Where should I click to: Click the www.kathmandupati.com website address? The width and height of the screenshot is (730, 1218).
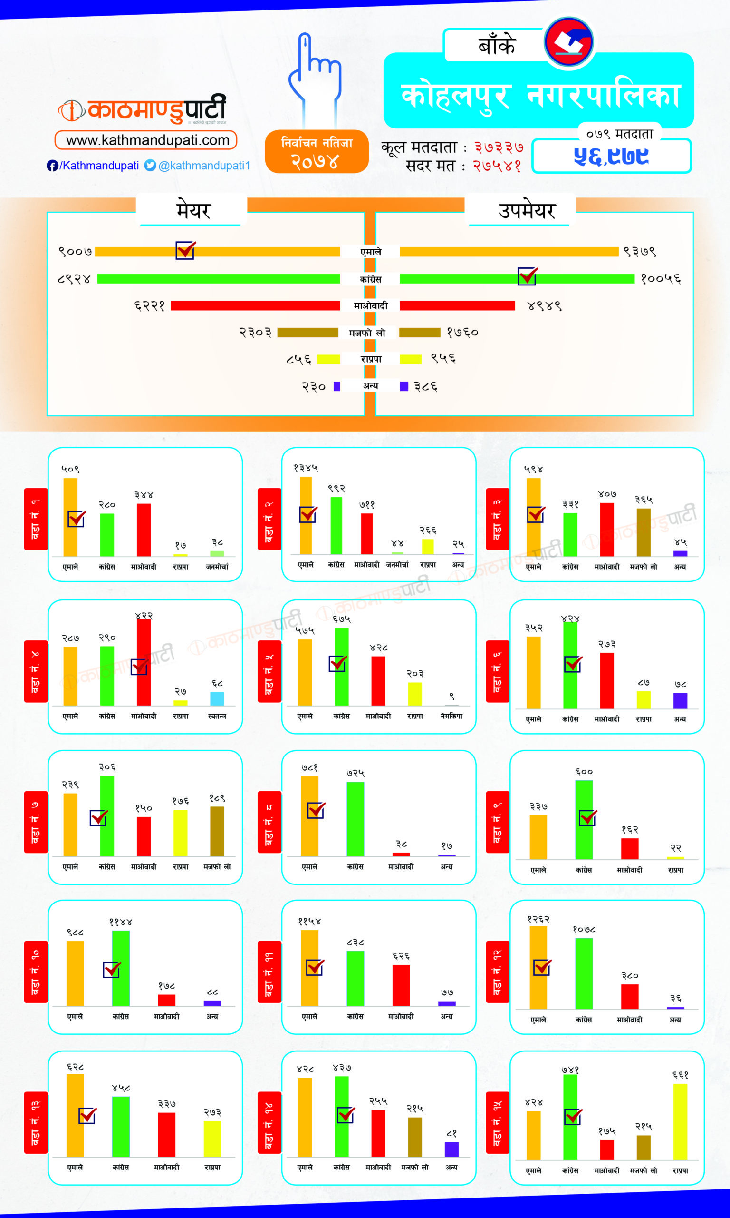pyautogui.click(x=146, y=140)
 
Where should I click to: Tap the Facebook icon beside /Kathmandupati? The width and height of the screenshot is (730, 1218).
pyautogui.click(x=52, y=166)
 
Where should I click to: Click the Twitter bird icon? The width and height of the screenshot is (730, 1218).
pyautogui.click(x=150, y=166)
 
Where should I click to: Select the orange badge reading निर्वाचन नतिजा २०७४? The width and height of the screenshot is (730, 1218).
pyautogui.click(x=317, y=152)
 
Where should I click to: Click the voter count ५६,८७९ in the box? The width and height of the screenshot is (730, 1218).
pyautogui.click(x=611, y=156)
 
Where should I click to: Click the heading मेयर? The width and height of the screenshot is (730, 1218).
pyautogui.click(x=193, y=211)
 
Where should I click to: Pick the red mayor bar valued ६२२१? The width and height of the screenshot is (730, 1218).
pyautogui.click(x=255, y=306)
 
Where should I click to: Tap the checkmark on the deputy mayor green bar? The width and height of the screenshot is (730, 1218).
pyautogui.click(x=528, y=276)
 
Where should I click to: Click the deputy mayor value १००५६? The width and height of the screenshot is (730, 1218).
pyautogui.click(x=661, y=279)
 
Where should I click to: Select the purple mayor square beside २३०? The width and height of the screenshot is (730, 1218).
pyautogui.click(x=337, y=386)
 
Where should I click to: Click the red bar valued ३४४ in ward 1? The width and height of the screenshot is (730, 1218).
pyautogui.click(x=144, y=530)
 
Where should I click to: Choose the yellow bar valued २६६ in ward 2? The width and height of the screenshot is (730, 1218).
pyautogui.click(x=428, y=547)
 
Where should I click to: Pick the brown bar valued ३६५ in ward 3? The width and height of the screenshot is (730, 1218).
pyautogui.click(x=644, y=532)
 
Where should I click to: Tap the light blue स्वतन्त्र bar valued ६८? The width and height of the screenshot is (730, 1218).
pyautogui.click(x=217, y=698)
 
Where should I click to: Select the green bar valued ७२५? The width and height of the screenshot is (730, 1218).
pyautogui.click(x=355, y=819)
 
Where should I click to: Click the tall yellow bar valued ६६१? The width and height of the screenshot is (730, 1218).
pyautogui.click(x=680, y=1122)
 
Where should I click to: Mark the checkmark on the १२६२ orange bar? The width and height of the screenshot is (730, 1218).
pyautogui.click(x=542, y=967)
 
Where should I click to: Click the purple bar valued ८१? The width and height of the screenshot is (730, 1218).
pyautogui.click(x=451, y=1149)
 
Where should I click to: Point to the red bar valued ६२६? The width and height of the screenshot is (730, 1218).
pyautogui.click(x=401, y=985)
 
